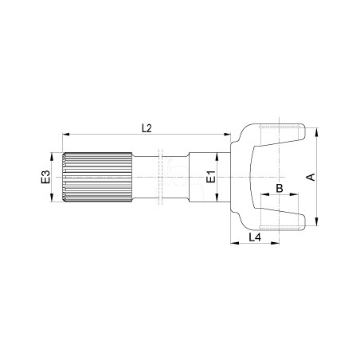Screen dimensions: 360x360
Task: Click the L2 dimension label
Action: pyautogui.click(x=147, y=128)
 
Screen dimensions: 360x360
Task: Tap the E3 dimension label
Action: pyautogui.click(x=45, y=177)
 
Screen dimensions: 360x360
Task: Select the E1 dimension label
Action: pyautogui.click(x=211, y=177)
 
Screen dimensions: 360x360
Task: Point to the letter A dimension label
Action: pyautogui.click(x=311, y=177)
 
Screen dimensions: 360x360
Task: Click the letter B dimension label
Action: pyautogui.click(x=280, y=188)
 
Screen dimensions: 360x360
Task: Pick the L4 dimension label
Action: pyautogui.click(x=255, y=237)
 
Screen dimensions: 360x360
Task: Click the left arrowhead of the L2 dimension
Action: pyautogui.click(x=66, y=135)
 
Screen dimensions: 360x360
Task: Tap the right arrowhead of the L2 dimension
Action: pyautogui.click(x=227, y=135)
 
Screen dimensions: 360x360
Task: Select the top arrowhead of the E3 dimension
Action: pyautogui.click(x=52, y=156)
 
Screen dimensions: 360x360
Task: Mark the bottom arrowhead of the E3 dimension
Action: pyautogui.click(x=52, y=198)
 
